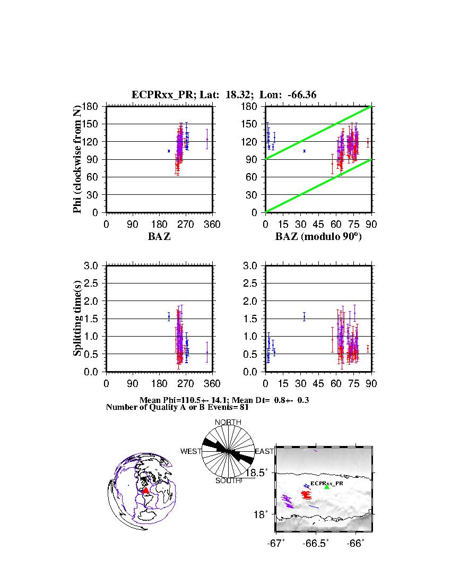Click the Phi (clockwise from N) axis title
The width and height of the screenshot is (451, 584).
(x=78, y=159)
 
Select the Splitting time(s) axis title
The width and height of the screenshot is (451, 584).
(x=78, y=319)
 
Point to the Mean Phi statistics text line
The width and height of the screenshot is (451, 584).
(x=224, y=400)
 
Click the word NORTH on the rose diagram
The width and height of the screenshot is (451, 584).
(x=228, y=422)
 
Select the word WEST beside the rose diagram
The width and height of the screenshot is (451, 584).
(x=191, y=451)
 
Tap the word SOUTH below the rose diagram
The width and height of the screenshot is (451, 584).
(x=228, y=480)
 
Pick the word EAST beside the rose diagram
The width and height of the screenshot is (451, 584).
(x=264, y=451)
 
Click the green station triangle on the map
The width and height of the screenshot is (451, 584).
(x=327, y=486)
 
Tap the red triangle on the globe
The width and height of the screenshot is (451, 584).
(x=146, y=491)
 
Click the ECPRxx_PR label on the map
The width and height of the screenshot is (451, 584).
(x=326, y=483)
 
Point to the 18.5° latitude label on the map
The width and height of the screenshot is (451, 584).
(x=262, y=473)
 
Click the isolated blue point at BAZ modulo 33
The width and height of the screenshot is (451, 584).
(x=304, y=151)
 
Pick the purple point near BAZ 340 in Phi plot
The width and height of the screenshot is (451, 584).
(x=207, y=140)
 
